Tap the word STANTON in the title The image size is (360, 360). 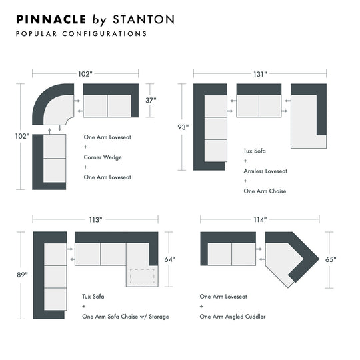point(143,19)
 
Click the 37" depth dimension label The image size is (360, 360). point(151,101)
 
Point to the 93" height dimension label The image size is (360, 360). point(183,127)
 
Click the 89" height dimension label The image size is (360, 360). point(23,274)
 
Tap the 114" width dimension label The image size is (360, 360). point(260,219)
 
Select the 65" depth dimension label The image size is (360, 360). point(331,260)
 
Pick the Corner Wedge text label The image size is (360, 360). point(102,157)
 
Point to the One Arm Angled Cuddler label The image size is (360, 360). point(232,317)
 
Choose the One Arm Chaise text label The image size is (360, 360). point(265,191)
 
